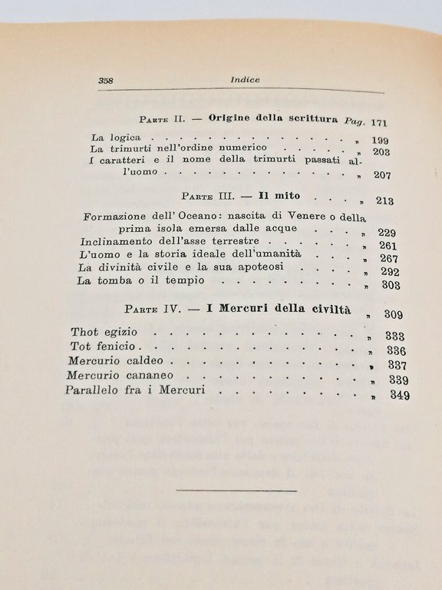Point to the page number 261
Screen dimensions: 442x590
(388, 245)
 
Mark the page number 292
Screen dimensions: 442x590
(391, 272)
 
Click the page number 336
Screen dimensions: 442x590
(396, 351)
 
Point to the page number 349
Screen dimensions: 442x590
(399, 396)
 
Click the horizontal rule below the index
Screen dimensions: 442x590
(236, 489)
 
